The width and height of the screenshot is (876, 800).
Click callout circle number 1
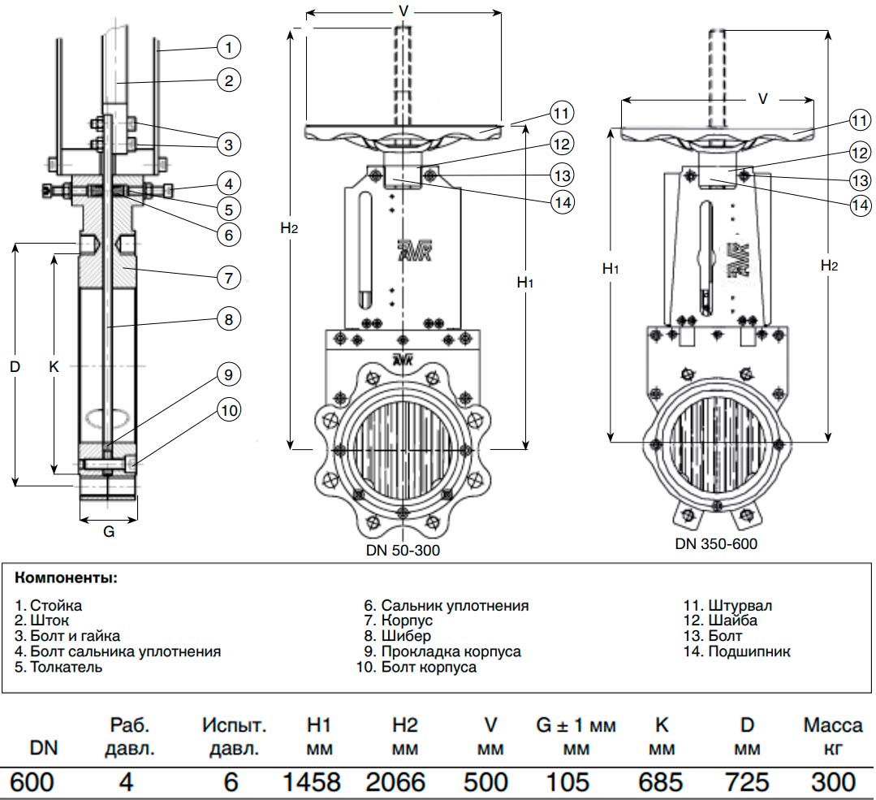tap(229, 48)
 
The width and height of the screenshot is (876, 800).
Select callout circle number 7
tap(229, 277)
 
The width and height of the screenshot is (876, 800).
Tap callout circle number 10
tap(230, 410)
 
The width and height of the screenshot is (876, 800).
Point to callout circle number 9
tap(229, 374)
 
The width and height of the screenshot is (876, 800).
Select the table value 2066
tap(395, 782)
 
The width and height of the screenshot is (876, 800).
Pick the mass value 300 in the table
tap(832, 782)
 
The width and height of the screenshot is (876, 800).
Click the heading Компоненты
tap(66, 578)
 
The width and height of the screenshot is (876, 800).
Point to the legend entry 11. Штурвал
tap(728, 605)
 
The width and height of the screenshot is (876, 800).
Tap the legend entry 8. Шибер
tap(397, 636)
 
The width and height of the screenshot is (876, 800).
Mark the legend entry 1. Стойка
tap(48, 605)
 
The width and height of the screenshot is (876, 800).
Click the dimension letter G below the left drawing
tap(108, 533)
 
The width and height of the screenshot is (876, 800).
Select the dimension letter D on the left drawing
tap(15, 366)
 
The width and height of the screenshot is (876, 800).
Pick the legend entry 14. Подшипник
tap(738, 651)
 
